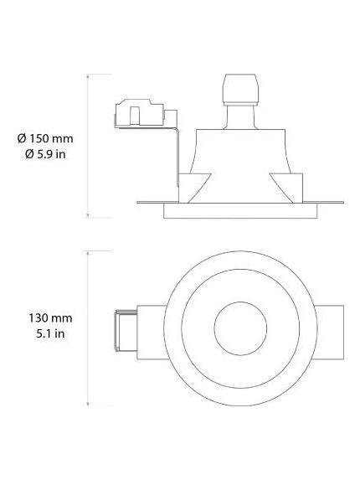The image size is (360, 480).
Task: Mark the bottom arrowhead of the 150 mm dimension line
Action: [x=89, y=216]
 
